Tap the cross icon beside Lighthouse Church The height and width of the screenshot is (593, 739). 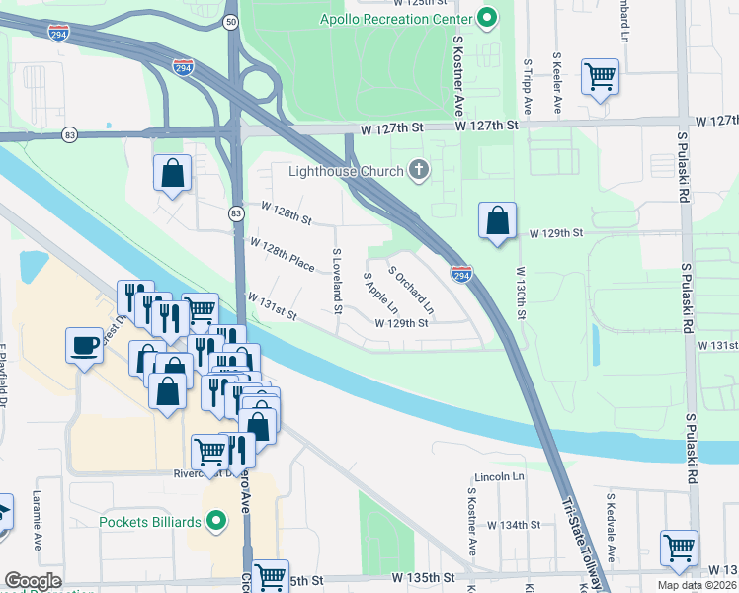419,171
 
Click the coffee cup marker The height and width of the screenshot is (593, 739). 83,346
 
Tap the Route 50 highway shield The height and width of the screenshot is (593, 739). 230,21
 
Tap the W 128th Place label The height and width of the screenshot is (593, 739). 282,255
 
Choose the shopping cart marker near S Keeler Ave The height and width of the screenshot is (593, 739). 601,76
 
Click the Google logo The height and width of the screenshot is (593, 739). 33,581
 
